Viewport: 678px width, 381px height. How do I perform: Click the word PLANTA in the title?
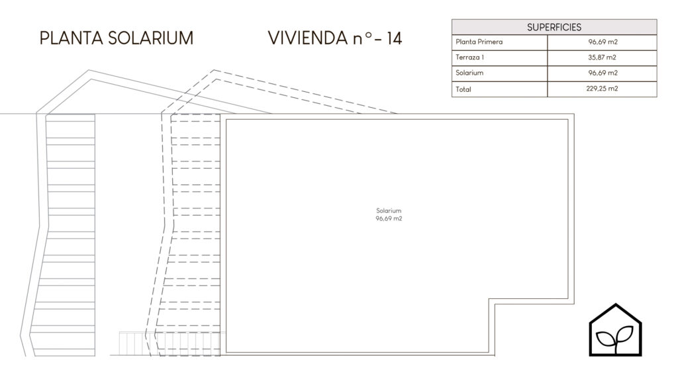coord(72,38)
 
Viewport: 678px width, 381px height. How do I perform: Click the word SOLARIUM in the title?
coord(151,38)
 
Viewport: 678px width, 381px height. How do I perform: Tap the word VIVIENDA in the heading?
coord(307,38)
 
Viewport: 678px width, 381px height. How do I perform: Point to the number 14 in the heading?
coord(395,38)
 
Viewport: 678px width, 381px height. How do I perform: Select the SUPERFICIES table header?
coord(554,27)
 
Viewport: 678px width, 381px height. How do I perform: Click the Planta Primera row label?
coord(479,42)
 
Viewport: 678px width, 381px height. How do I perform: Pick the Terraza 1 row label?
coord(469,57)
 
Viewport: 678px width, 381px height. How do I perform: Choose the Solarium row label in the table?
coord(469,73)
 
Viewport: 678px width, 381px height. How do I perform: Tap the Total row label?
coord(463,89)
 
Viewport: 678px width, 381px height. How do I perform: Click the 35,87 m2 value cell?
coord(602,57)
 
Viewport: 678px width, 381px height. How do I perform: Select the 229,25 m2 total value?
coord(602,89)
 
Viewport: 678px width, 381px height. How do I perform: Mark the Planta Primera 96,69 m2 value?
coord(603,42)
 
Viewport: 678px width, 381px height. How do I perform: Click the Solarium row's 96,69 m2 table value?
coord(603,73)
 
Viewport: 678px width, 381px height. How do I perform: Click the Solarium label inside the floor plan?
coord(389,211)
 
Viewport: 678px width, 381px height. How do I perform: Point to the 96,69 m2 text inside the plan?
coord(389,218)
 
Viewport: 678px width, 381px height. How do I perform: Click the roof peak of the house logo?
coord(616,304)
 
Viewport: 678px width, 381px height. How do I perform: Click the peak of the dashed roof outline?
coord(214,70)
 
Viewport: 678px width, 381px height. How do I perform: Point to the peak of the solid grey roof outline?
coord(89,70)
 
